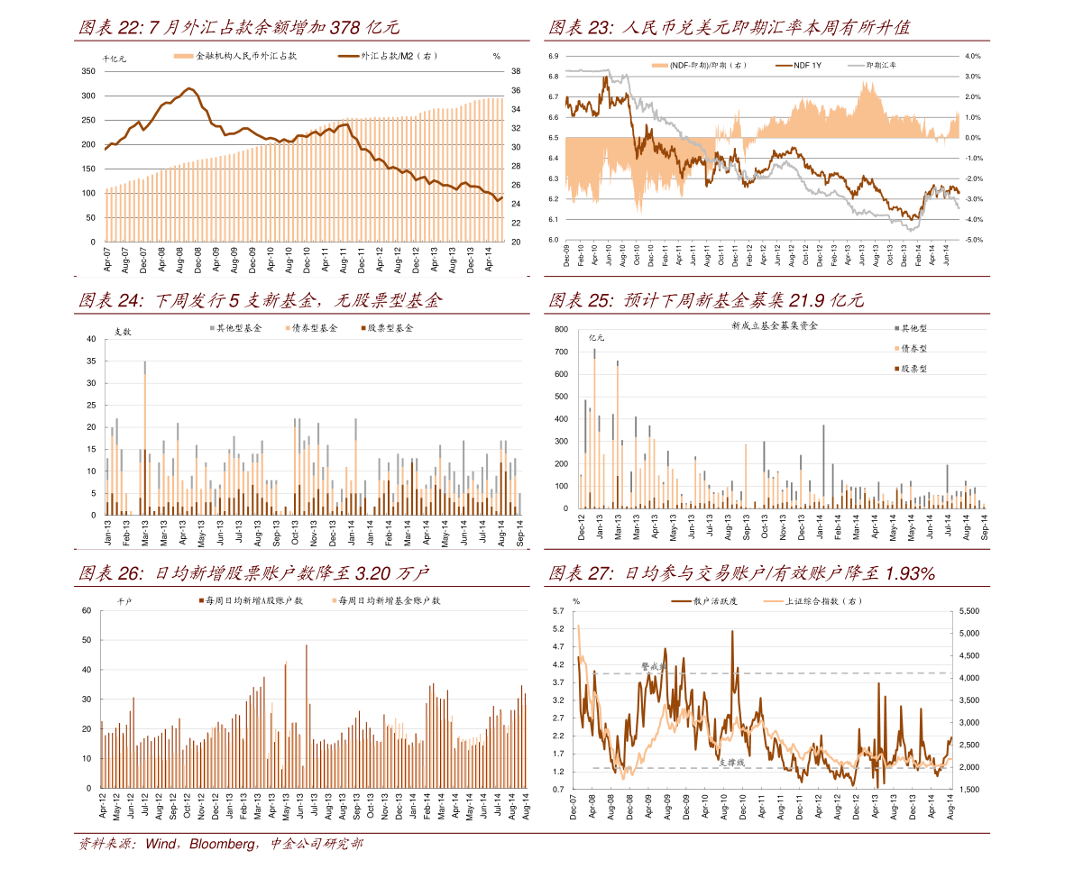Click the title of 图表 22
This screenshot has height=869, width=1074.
[239, 28]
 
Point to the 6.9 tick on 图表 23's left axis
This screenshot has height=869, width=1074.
[554, 56]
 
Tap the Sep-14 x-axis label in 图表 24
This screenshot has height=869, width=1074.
[520, 535]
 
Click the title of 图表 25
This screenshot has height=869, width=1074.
[706, 301]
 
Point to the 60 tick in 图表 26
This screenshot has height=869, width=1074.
[87, 611]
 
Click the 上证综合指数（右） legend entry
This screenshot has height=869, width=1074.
[823, 600]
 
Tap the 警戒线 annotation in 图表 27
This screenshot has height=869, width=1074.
[652, 666]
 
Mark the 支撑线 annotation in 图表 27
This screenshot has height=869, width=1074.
[731, 762]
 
